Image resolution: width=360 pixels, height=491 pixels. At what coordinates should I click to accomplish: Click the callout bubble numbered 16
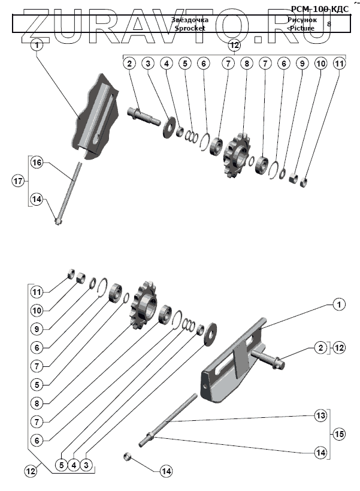point(37,163)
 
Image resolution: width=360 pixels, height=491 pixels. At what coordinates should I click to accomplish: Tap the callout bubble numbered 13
point(321,415)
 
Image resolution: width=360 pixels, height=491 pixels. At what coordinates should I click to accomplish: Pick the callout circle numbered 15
point(339,434)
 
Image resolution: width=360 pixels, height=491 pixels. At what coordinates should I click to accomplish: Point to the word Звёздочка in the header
point(190,20)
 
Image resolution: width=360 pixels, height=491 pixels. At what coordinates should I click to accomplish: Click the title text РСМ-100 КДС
point(319,9)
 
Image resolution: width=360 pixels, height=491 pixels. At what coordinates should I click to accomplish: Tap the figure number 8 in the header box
point(328,24)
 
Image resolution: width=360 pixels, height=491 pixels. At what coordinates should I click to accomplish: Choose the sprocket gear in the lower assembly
point(143,305)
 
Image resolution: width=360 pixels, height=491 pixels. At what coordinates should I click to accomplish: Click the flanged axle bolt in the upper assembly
point(143,115)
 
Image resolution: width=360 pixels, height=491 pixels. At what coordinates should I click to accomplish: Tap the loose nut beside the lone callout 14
point(128,457)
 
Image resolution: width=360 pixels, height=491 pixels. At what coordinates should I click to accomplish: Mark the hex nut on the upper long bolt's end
point(58,222)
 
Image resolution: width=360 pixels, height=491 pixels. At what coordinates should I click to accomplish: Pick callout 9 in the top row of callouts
point(301,63)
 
